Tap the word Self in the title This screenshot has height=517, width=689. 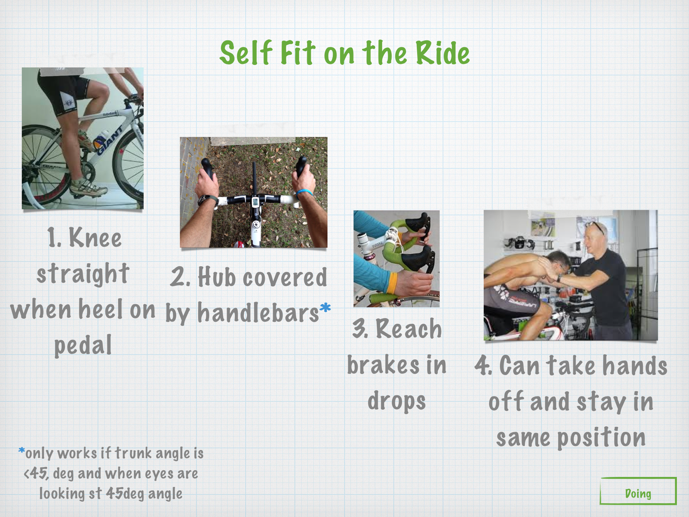(246, 53)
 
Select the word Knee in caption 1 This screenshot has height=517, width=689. (95, 238)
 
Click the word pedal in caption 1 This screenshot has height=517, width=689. (83, 346)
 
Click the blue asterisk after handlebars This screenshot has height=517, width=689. (325, 307)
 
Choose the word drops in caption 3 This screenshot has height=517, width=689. (397, 402)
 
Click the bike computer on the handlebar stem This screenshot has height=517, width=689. (255, 202)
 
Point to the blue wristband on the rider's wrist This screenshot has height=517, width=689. (305, 193)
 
